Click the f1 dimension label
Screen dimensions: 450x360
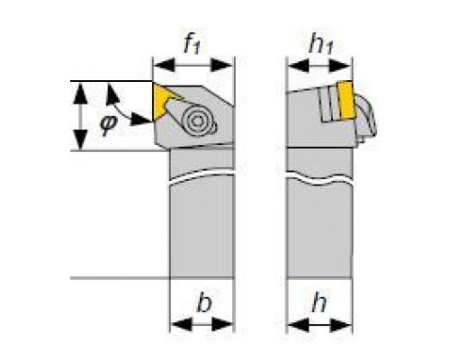coord(192,45)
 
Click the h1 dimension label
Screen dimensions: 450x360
coord(321,45)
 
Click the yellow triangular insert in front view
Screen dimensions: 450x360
coord(164,102)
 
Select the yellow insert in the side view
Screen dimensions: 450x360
coord(346,101)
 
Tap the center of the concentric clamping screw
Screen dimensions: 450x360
coord(197,121)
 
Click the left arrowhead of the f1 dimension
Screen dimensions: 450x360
coord(164,66)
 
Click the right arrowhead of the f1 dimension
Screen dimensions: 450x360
coord(222,66)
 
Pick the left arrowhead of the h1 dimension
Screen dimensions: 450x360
coord(299,66)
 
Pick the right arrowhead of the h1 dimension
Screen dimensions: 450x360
coord(340,66)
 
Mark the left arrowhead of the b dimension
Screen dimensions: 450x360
coord(181,325)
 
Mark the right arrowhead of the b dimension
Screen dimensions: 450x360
coord(222,325)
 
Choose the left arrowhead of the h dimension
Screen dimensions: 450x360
coord(299,325)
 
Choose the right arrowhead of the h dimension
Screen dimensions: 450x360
coord(340,325)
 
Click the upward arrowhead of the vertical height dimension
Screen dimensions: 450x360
coord(80,94)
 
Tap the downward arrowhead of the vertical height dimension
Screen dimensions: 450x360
coord(80,139)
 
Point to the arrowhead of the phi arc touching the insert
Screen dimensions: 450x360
coord(141,119)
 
